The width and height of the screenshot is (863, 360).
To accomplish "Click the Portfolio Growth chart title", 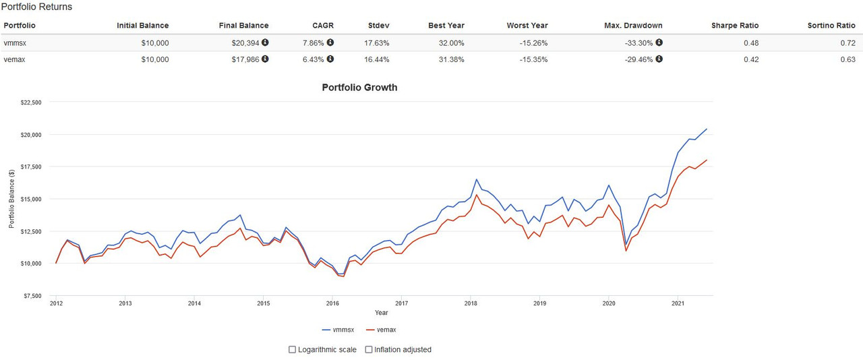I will point(359,88).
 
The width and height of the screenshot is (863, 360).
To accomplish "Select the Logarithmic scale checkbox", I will point(292,350).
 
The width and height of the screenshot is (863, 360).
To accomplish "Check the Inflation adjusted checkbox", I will point(369,350).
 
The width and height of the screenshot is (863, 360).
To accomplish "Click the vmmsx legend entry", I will point(340,330).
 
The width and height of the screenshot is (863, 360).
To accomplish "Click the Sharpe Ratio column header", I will point(735,26).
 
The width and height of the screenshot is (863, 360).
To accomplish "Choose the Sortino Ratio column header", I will point(831,26).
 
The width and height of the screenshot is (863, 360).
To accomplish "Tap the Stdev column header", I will point(379,26).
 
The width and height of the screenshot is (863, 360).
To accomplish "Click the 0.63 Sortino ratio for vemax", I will point(847,59).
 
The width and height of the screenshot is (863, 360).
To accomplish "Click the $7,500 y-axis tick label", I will point(30,295).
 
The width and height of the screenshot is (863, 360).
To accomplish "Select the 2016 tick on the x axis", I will point(332,304).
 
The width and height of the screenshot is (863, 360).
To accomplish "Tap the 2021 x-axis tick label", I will point(678,304).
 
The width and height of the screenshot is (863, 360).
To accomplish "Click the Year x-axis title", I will point(382,313).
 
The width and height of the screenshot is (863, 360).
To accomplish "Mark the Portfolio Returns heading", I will point(37,7).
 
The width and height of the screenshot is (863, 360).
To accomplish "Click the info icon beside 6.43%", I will point(330,59).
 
